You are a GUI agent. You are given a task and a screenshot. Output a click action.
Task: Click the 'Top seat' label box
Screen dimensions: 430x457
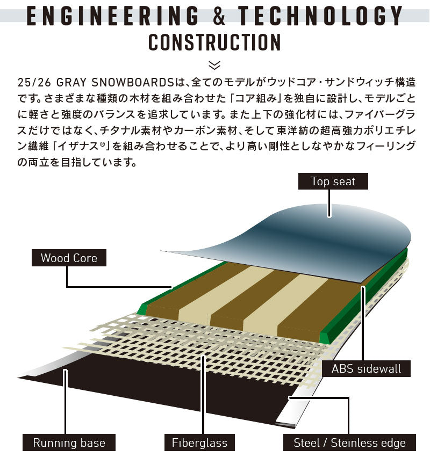coord(333,182)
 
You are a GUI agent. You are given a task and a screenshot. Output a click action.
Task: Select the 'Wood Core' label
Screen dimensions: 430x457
coord(69,258)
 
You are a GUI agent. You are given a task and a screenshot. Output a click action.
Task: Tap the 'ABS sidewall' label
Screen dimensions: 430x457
coord(366,369)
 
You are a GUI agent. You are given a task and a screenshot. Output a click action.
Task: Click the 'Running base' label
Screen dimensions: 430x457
coord(69,443)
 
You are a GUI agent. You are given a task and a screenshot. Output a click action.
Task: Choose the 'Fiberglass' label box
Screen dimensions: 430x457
coord(199,443)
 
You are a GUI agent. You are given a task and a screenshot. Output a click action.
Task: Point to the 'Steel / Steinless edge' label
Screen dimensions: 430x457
coord(349,443)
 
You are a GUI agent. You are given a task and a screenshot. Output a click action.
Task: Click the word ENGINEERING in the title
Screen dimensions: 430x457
coord(113,16)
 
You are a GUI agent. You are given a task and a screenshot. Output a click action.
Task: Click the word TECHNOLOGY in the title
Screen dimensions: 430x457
coord(320,16)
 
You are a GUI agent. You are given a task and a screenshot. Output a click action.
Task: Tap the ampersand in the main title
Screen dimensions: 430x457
coord(219,16)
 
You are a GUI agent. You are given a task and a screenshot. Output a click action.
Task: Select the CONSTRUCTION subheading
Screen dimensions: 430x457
coord(214,42)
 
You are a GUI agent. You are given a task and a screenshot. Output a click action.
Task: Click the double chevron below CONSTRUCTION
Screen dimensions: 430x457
coord(214,65)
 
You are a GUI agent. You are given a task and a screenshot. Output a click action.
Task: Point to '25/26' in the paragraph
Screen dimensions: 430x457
coord(34,83)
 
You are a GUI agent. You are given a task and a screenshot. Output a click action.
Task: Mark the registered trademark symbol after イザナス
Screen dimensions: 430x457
coord(102,143)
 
